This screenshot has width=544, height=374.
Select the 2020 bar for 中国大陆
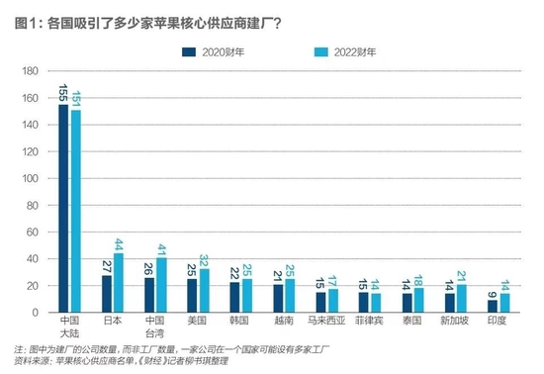click(x=63, y=208)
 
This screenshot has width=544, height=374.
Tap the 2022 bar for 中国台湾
click(x=161, y=285)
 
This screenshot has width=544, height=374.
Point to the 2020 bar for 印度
click(x=492, y=307)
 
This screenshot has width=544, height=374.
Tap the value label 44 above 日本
click(x=118, y=243)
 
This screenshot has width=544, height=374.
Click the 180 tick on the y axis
click(x=29, y=70)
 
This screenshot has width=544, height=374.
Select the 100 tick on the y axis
click(x=29, y=178)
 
